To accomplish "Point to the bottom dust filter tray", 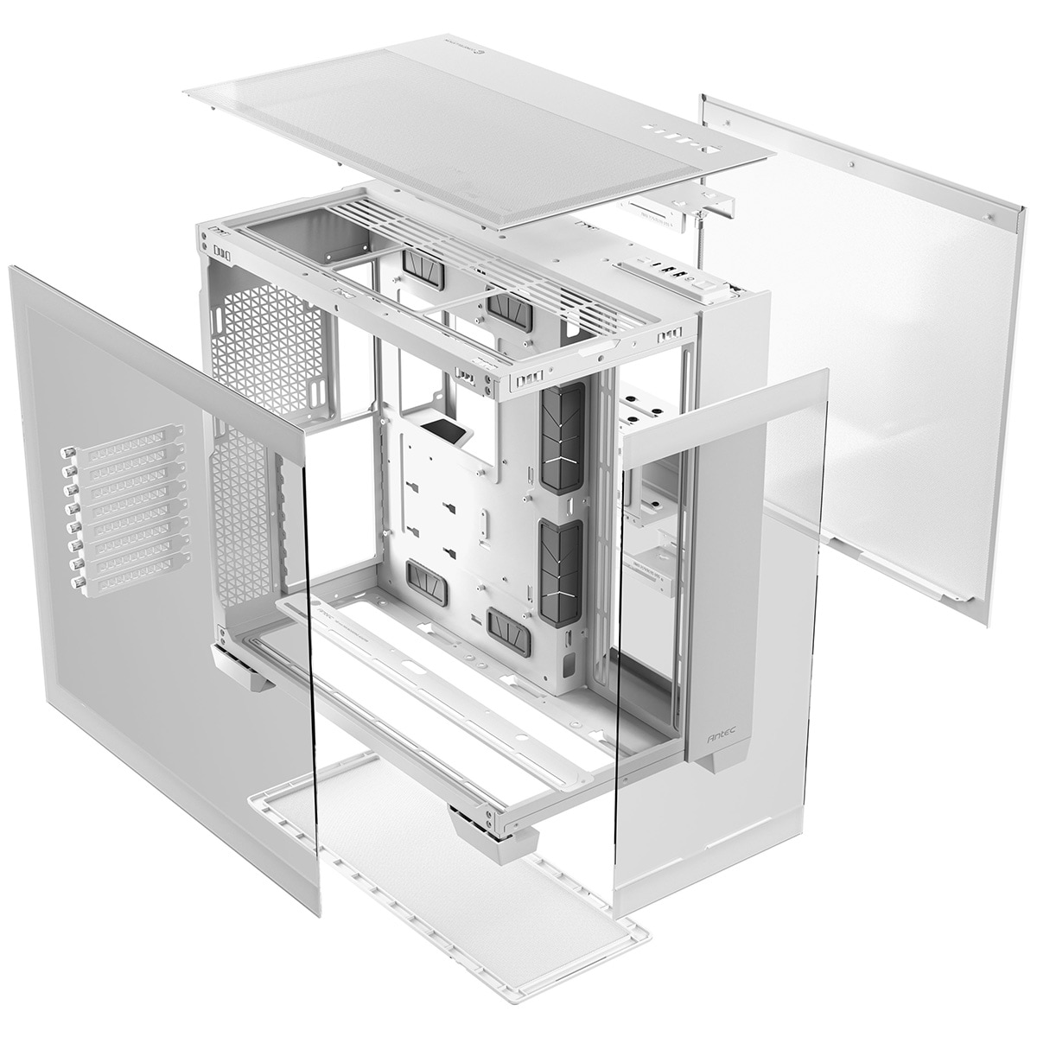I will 449,856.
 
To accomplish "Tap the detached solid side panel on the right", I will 873,363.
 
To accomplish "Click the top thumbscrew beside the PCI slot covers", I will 66,452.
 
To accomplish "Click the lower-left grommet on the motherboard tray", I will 427,582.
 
